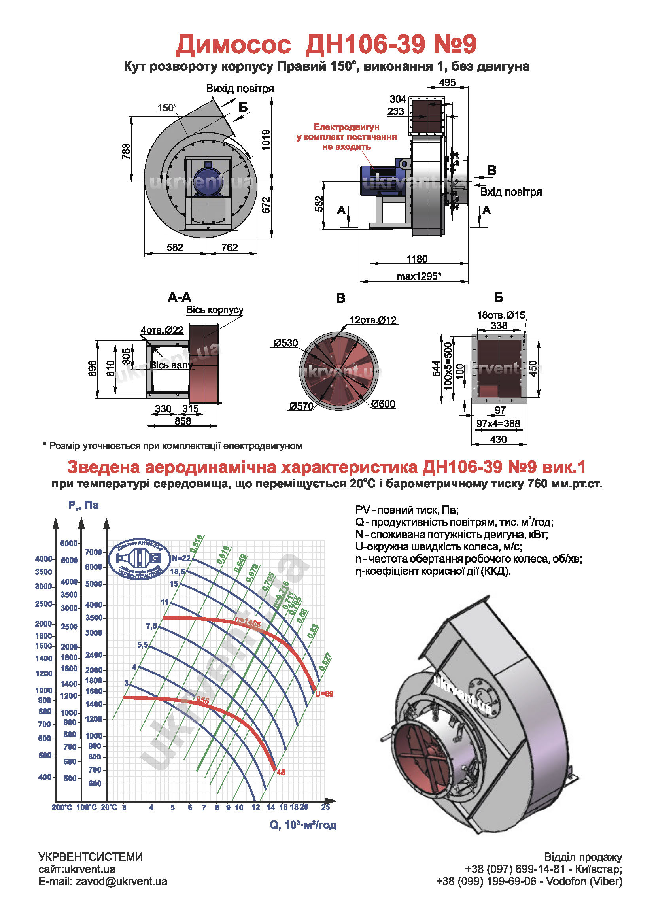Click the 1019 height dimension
pyautogui.click(x=266, y=140)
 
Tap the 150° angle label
pyautogui.click(x=167, y=108)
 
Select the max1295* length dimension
pyautogui.click(x=419, y=276)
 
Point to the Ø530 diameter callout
pyautogui.click(x=285, y=343)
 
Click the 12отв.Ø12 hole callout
pyautogui.click(x=373, y=320)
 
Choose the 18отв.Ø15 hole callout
pyautogui.click(x=501, y=315)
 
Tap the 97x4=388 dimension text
pyautogui.click(x=498, y=423)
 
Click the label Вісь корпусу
pyautogui.click(x=215, y=310)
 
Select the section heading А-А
pyautogui.click(x=179, y=298)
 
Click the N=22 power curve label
pyautogui.click(x=181, y=558)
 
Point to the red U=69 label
pyautogui.click(x=324, y=694)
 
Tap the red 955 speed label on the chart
pyautogui.click(x=202, y=700)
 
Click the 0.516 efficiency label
pyautogui.click(x=197, y=543)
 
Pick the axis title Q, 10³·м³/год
pyautogui.click(x=303, y=825)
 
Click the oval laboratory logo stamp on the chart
pyautogui.click(x=139, y=560)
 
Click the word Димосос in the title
pyautogui.click(x=233, y=44)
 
